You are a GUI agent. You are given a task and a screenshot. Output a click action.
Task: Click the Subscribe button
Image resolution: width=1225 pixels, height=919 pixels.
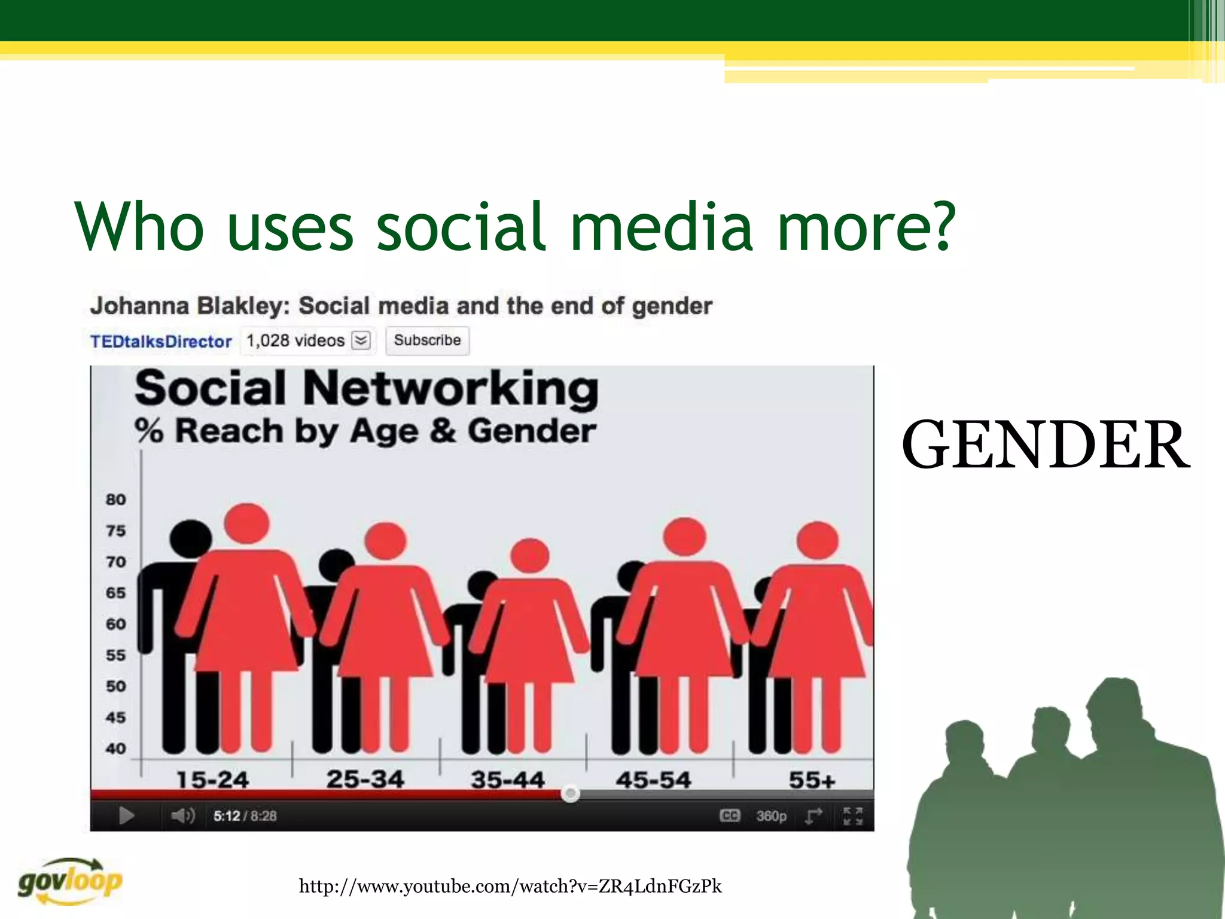(427, 340)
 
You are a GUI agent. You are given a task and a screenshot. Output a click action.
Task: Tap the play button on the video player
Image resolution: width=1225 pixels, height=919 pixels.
(126, 815)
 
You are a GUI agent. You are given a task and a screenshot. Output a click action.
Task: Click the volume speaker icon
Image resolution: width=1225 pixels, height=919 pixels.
(182, 815)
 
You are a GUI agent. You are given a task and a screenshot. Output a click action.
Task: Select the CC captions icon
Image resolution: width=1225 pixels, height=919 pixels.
(730, 815)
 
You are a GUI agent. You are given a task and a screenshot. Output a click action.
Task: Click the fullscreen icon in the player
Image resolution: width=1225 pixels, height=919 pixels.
(852, 815)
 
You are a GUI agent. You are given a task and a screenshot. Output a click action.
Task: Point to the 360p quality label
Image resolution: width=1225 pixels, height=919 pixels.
(771, 816)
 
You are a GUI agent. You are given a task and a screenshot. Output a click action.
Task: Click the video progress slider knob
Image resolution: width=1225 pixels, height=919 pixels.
(571, 794)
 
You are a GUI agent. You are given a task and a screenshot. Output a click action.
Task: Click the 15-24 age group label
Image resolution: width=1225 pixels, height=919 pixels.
(212, 780)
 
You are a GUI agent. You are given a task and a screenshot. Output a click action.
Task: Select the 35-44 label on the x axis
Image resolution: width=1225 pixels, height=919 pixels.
(507, 780)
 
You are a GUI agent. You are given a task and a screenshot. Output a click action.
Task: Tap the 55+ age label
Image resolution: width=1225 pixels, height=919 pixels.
(812, 780)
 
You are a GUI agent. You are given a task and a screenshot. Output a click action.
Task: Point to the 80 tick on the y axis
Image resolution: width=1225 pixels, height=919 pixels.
(115, 500)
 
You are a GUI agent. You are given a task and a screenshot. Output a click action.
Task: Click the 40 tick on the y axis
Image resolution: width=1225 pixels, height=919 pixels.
(115, 748)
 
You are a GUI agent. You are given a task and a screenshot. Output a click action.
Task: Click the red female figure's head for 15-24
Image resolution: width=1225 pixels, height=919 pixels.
(246, 524)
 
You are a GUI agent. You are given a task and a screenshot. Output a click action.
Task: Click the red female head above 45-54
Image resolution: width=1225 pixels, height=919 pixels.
(685, 537)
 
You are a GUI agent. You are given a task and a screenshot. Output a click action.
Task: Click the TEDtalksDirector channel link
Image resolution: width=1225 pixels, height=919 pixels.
(161, 342)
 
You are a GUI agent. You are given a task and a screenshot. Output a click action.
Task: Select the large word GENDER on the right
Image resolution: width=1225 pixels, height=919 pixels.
(1046, 445)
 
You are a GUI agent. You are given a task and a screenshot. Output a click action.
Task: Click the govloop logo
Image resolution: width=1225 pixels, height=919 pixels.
(70, 881)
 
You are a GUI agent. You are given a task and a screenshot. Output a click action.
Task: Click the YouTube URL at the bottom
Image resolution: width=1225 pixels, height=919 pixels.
(510, 886)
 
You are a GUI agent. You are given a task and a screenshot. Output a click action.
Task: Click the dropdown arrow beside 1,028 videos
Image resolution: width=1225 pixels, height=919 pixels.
(361, 340)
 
